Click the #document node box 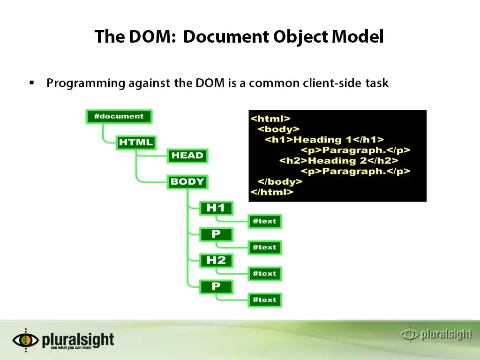pyautogui.click(x=119, y=116)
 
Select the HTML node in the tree pyautogui.click(x=136, y=142)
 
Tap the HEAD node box pyautogui.click(x=187, y=156)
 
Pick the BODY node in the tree pyautogui.click(x=187, y=181)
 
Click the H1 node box pyautogui.click(x=216, y=208)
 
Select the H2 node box pyautogui.click(x=216, y=261)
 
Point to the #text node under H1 pyautogui.click(x=264, y=221)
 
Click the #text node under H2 pyautogui.click(x=264, y=274)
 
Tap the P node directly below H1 pyautogui.click(x=216, y=234)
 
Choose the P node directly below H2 pyautogui.click(x=216, y=287)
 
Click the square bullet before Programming pyautogui.click(x=32, y=82)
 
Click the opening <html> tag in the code pyautogui.click(x=270, y=119)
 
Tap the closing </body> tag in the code pyautogui.click(x=280, y=181)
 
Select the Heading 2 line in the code pyautogui.click(x=339, y=161)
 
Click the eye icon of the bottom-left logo pyautogui.click(x=26, y=340)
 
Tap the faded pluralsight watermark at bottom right pyautogui.click(x=436, y=334)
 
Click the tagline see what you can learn pyautogui.click(x=71, y=348)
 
